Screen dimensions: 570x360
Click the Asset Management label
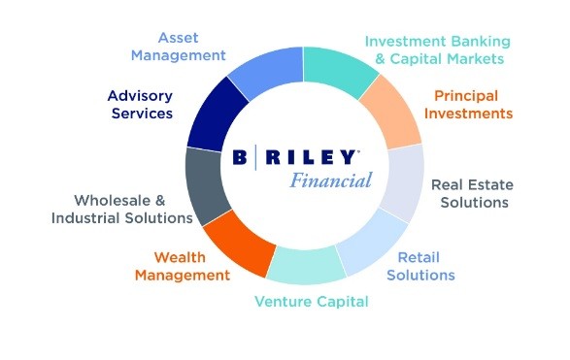coord(178,47)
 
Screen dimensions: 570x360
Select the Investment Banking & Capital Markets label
coord(438,50)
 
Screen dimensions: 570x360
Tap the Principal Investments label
coord(468,105)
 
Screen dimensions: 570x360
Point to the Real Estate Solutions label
coord(472,194)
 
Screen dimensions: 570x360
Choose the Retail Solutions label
coord(420,266)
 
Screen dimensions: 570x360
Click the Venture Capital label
coord(312,302)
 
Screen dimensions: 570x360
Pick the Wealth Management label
coord(183,266)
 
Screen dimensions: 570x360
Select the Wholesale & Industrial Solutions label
coord(121,210)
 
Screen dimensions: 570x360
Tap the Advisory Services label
coord(141,105)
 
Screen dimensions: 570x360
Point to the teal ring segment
coord(338,70)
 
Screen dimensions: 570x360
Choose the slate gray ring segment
coord(207,185)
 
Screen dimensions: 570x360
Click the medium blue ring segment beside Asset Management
coord(268,71)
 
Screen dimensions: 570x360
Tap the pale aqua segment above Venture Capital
coord(306,266)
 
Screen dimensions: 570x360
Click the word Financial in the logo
coord(331,180)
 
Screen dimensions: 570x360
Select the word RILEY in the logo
coord(311,157)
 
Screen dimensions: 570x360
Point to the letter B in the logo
coord(240,157)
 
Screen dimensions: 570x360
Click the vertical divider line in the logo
coord(256,157)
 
